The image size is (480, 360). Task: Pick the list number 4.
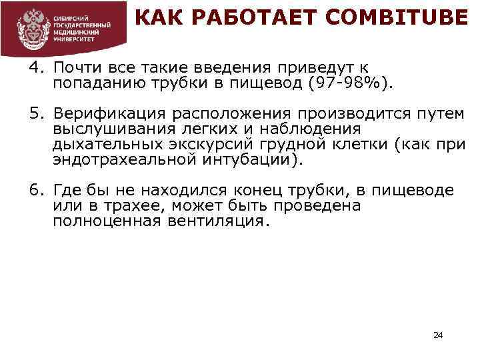35,68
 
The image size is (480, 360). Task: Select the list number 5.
35,114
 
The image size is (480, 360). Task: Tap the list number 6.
35,191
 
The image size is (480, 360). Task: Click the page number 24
438,335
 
